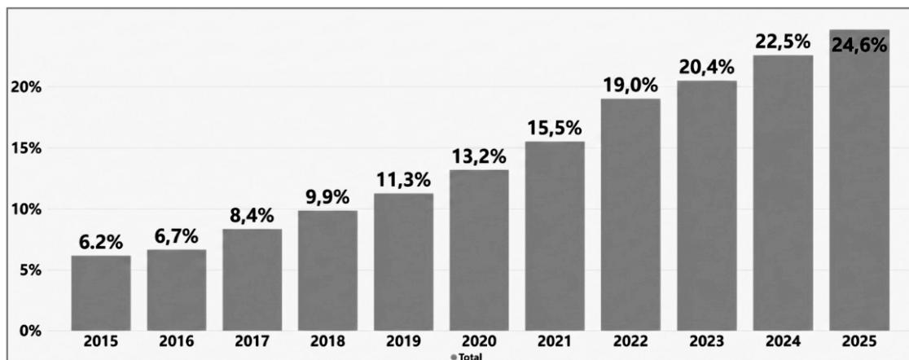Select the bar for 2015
coord(101,293)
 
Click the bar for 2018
coord(327,270)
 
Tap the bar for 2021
coord(555,236)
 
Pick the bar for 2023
coord(707,206)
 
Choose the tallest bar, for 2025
coord(859,180)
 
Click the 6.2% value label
coord(101,243)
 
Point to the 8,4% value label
coord(252,216)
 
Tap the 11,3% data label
coord(403,180)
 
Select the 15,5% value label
coord(555,129)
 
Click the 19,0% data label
coord(630,86)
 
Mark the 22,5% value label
coord(783,42)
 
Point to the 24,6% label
coord(859,45)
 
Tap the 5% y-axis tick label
coord(29,270)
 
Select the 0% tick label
coord(29,331)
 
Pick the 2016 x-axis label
coord(176,342)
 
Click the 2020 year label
coord(479,342)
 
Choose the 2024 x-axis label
coord(783,342)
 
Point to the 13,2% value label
coord(479,156)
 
